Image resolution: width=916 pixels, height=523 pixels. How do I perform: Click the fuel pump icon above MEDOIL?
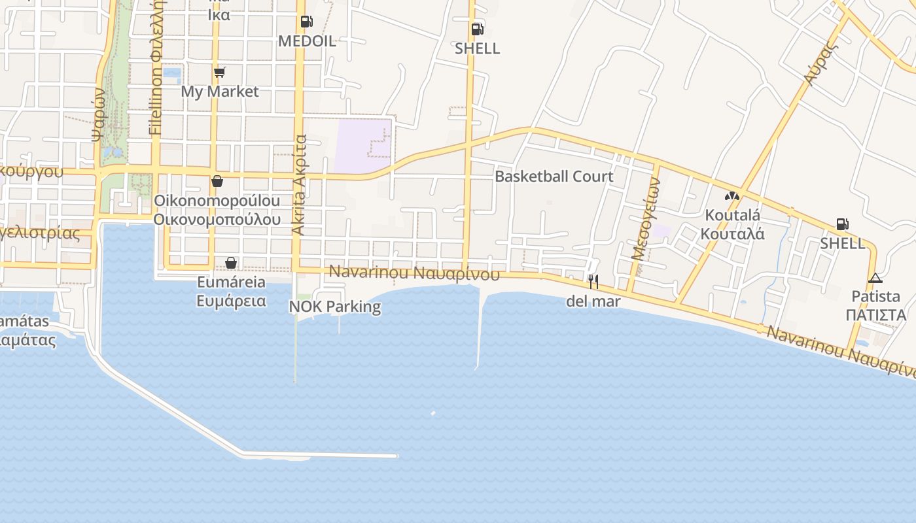(306, 22)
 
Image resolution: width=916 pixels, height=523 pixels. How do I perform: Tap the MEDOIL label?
(307, 41)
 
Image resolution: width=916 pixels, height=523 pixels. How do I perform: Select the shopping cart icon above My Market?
(220, 72)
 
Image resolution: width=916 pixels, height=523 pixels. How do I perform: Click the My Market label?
(220, 92)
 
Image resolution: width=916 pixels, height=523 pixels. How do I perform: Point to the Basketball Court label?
(554, 177)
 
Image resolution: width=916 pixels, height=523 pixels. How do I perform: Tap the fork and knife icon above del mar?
(593, 282)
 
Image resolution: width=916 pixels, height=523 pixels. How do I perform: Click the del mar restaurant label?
(593, 301)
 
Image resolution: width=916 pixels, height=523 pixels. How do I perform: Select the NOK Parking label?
(335, 306)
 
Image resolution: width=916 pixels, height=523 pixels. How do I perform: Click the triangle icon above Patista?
(875, 278)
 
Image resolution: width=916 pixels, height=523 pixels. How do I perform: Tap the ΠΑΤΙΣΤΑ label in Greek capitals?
(875, 315)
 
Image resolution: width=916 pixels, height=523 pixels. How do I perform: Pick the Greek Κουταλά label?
(732, 233)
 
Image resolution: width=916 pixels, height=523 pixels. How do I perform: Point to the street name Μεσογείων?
(646, 220)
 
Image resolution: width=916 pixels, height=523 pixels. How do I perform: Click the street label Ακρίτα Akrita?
(299, 184)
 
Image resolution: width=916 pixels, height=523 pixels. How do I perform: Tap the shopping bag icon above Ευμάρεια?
(231, 263)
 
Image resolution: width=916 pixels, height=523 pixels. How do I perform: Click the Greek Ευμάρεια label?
(232, 301)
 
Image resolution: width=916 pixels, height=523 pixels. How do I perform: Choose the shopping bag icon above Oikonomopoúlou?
(217, 181)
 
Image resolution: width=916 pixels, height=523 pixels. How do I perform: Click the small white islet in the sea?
(433, 413)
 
